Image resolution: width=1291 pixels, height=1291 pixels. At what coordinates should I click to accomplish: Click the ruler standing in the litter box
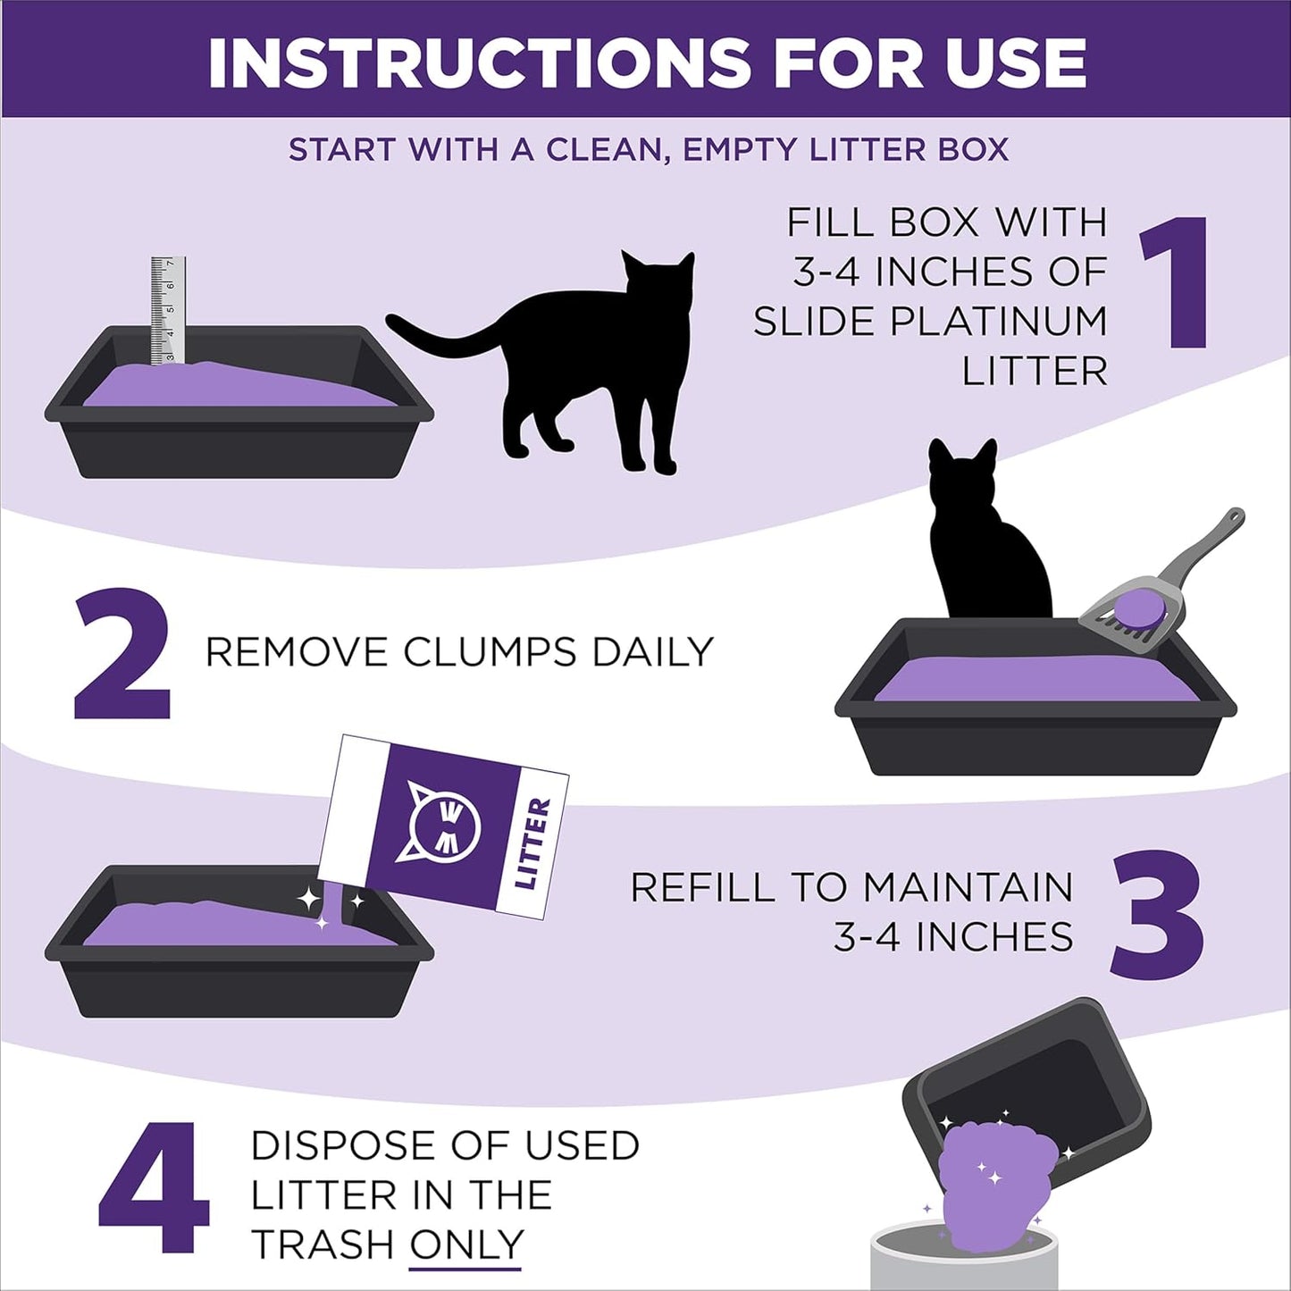point(168,309)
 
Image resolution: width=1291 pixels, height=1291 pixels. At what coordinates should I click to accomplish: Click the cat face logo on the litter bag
point(444,821)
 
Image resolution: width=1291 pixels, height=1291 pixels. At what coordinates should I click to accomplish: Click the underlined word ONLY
point(465,1245)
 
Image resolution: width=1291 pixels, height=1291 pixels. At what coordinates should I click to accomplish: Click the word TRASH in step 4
point(323,1245)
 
